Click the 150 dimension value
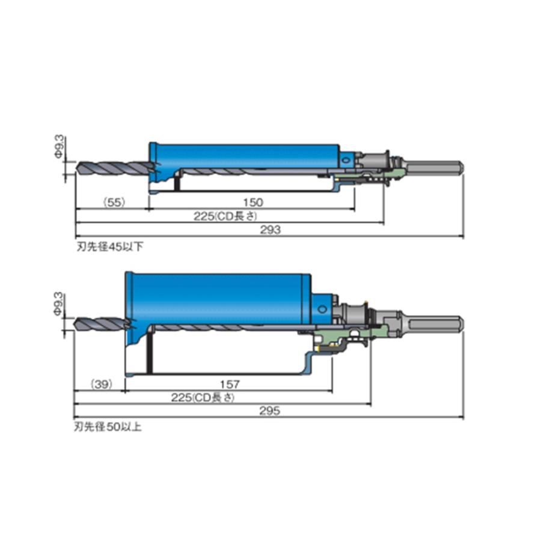pyautogui.click(x=253, y=202)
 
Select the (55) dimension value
pyautogui.click(x=114, y=202)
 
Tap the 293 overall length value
pyautogui.click(x=270, y=230)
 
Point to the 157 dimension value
pyautogui.click(x=230, y=384)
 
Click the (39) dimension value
pyautogui.click(x=102, y=384)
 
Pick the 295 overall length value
pyautogui.click(x=269, y=411)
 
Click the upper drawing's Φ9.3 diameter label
pyautogui.click(x=60, y=147)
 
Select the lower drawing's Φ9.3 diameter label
pyautogui.click(x=59, y=304)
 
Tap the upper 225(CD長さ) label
pyautogui.click(x=225, y=216)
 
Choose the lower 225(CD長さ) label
pyautogui.click(x=203, y=397)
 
